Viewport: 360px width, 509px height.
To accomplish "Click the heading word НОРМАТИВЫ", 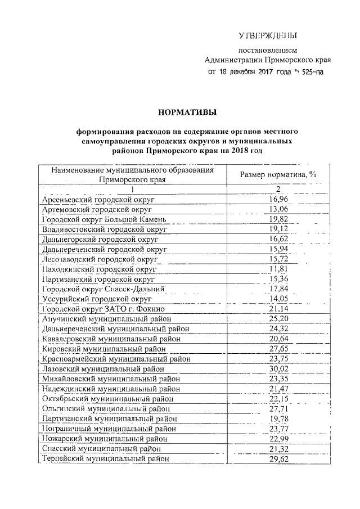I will pyautogui.click(x=179, y=112).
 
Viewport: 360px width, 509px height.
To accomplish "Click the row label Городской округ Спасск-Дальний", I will pyautogui.click(x=103, y=289).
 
